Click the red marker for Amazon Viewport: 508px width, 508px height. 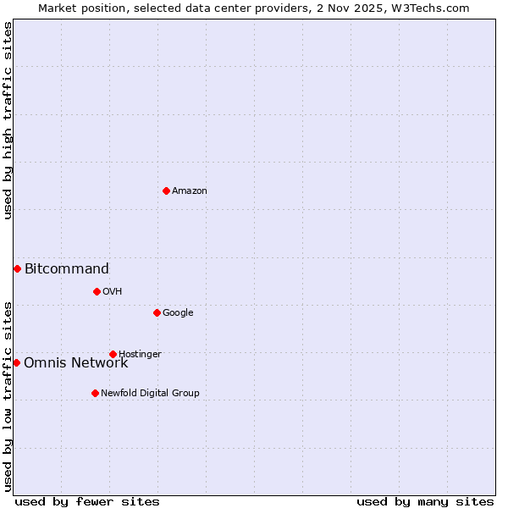(166, 190)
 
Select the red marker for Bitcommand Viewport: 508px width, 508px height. (17, 268)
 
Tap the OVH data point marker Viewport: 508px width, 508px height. (97, 291)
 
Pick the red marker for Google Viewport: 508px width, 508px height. (157, 312)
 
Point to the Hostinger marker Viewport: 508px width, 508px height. (113, 354)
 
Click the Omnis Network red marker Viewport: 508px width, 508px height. (16, 362)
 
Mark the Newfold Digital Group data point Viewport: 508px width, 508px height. (95, 393)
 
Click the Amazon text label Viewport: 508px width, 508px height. (190, 191)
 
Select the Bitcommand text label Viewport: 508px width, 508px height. (67, 269)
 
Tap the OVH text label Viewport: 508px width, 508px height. (113, 292)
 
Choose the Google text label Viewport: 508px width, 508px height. (178, 313)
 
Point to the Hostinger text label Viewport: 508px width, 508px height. (140, 355)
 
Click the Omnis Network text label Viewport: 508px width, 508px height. (76, 363)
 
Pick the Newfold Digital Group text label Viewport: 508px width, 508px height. (150, 394)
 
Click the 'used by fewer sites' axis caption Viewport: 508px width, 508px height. (87, 502)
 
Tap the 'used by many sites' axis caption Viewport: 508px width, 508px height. (425, 502)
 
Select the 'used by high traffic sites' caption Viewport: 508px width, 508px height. (8, 120)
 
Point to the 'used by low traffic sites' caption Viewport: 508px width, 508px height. (8, 396)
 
